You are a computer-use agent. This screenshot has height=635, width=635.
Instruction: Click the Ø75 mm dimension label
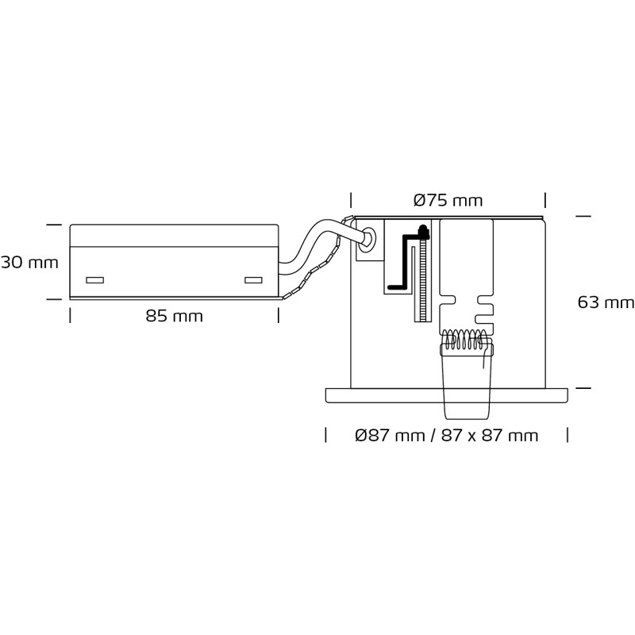click(448, 201)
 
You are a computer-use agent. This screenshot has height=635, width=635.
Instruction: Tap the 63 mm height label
click(606, 302)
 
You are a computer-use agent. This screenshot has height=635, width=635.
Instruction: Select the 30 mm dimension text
click(29, 263)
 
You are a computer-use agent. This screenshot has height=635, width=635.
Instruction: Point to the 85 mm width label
click(174, 316)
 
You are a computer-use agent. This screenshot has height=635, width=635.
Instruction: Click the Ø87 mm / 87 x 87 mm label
click(447, 436)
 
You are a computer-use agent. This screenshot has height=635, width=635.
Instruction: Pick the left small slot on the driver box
click(95, 280)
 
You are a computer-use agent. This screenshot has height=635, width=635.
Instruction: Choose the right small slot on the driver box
click(253, 280)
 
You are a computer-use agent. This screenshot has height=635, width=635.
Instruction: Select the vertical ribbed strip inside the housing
click(423, 279)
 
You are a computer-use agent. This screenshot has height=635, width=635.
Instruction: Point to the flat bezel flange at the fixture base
click(446, 395)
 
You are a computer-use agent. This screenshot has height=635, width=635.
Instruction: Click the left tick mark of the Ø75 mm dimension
click(351, 201)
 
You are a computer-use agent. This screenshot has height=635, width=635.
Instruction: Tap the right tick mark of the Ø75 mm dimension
click(545, 201)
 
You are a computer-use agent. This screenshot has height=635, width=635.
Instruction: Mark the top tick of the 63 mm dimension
click(583, 217)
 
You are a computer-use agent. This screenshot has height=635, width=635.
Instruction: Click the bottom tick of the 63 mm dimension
click(583, 388)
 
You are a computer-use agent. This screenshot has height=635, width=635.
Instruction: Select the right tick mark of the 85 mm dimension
click(279, 315)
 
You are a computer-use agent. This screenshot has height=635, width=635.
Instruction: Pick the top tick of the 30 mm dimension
click(54, 225)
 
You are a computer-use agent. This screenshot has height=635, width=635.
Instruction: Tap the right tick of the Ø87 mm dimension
click(568, 435)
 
